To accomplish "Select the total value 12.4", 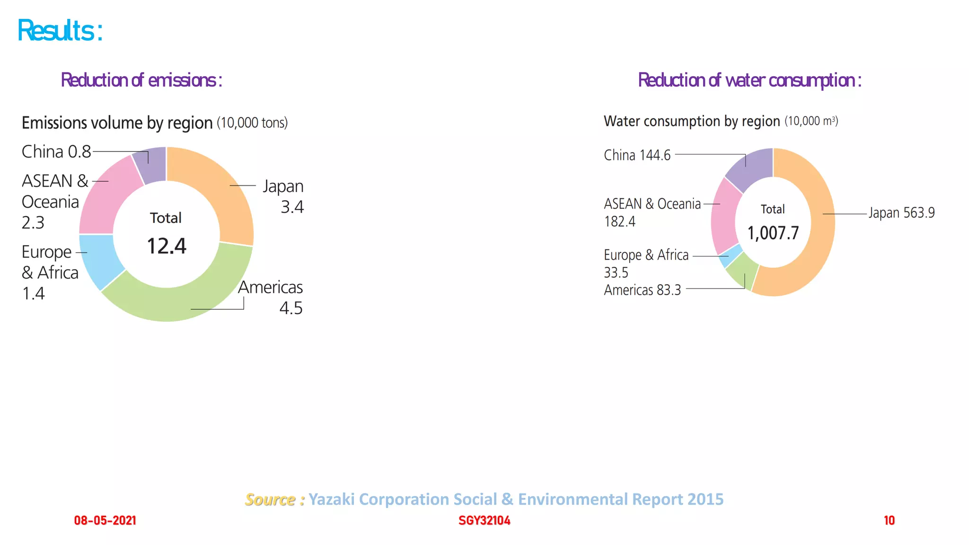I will (167, 246).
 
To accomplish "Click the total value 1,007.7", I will (773, 233).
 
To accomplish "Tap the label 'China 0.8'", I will (56, 152).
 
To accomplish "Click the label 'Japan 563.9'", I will (901, 213).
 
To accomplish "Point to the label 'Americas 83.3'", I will (642, 290).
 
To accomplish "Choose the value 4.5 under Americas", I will (291, 308).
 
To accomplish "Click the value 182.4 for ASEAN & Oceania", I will (619, 221).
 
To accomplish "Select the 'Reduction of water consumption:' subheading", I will (749, 80).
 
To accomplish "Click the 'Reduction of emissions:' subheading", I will (141, 80).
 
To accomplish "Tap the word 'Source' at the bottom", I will (270, 499).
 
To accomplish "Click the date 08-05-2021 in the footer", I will (105, 520).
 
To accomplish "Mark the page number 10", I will (889, 520).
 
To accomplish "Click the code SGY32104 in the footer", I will (484, 520).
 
